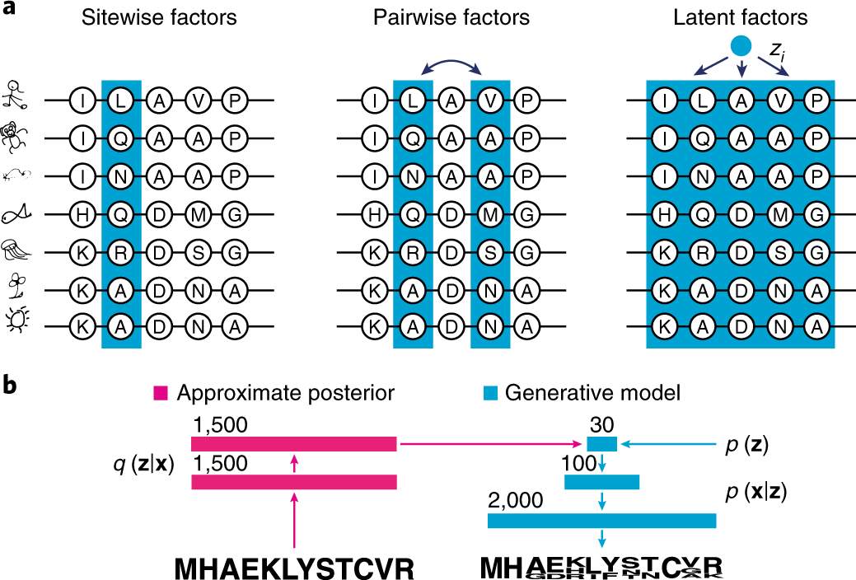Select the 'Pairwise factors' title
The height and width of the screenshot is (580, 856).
pyautogui.click(x=451, y=18)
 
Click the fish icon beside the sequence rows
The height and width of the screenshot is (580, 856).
pyautogui.click(x=16, y=213)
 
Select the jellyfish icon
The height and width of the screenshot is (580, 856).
pyautogui.click(x=16, y=250)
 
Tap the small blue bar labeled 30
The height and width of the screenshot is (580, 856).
pyautogui.click(x=601, y=445)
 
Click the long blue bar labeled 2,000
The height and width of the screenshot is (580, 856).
pyautogui.click(x=601, y=521)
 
